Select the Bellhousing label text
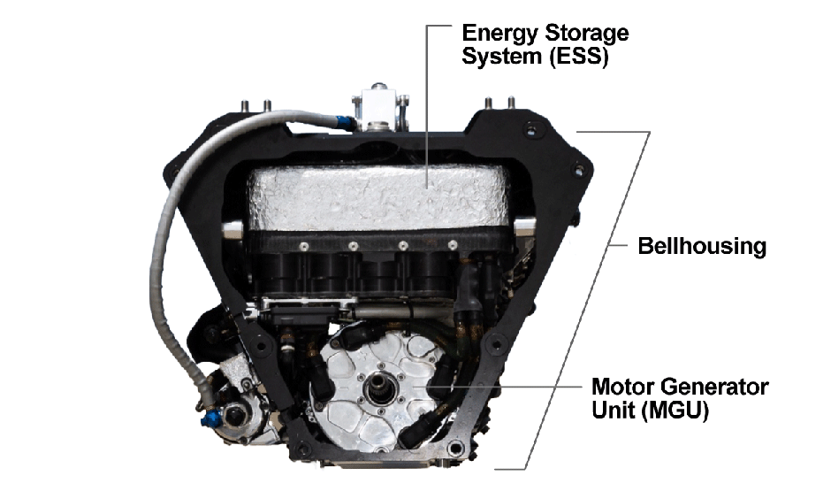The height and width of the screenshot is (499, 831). [x=702, y=246]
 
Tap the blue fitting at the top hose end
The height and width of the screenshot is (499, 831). [x=340, y=116]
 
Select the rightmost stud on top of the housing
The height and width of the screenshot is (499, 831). [x=512, y=104]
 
